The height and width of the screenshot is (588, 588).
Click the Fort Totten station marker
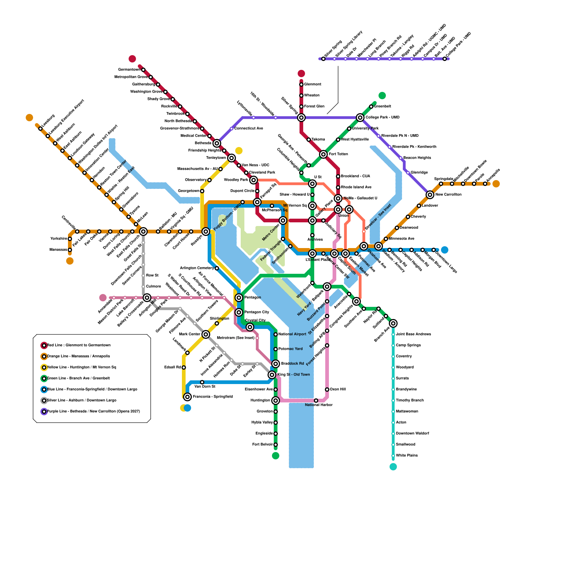click(x=323, y=154)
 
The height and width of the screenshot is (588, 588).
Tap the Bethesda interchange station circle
click(x=217, y=143)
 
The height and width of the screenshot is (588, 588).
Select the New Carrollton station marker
click(x=430, y=195)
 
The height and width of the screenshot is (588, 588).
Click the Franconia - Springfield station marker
click(x=187, y=397)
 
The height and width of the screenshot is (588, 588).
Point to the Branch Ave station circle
click(x=393, y=323)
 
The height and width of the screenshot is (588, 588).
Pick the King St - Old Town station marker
click(x=272, y=375)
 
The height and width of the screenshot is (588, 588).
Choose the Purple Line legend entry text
click(x=93, y=412)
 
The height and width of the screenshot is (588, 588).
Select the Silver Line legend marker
click(x=44, y=401)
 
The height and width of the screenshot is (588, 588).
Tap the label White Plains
click(x=406, y=456)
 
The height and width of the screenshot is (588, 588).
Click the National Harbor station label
click(x=319, y=405)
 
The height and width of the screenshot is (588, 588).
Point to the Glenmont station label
click(x=312, y=85)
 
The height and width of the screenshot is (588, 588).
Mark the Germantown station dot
click(x=143, y=70)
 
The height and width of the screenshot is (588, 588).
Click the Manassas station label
click(x=58, y=250)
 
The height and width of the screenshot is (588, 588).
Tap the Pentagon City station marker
click(x=239, y=312)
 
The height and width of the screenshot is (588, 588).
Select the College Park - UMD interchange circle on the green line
click(x=360, y=118)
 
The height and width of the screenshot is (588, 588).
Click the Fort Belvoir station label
click(x=262, y=445)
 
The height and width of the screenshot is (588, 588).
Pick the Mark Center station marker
click(x=206, y=334)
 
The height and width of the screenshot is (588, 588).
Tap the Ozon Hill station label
click(x=337, y=390)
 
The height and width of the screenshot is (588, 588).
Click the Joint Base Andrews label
click(x=413, y=334)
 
